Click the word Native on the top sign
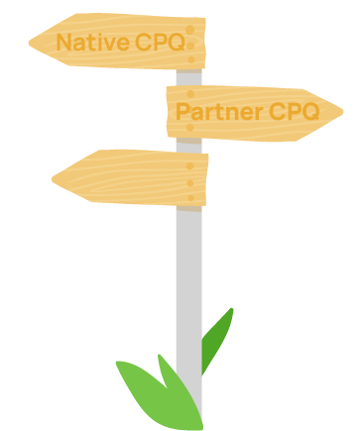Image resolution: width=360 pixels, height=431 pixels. point(93,43)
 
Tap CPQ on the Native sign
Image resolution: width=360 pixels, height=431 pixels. point(160,43)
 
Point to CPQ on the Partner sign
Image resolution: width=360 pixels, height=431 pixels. point(293,111)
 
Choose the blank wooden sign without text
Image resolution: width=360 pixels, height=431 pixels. point(129,178)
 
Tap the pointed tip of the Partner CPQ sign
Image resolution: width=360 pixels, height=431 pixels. point(342,110)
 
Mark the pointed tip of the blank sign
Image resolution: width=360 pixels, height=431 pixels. point(54,179)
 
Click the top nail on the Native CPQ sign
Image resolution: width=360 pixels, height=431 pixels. point(190,30)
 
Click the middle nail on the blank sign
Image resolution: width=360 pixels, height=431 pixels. point(190,181)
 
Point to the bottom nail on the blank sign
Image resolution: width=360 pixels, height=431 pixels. point(190,195)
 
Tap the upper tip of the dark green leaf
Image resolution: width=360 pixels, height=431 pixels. point(232,309)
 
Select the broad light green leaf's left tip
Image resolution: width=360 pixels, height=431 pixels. point(117,363)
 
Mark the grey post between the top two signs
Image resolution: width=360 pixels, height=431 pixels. point(189,77)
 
